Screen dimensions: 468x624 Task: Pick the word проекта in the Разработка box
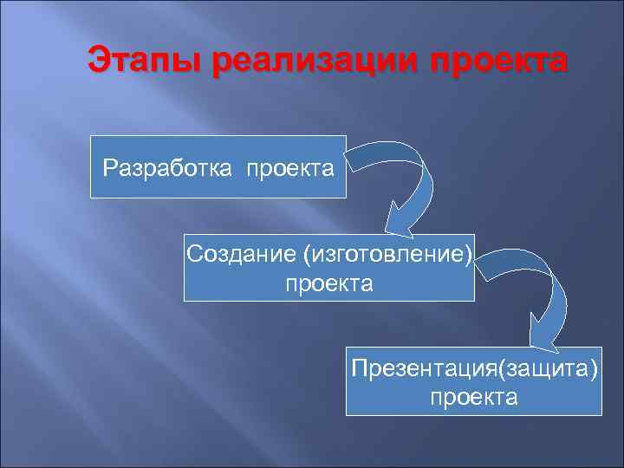[290, 166]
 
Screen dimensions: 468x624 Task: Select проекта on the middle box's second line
[329, 283]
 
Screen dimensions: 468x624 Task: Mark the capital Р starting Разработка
[108, 166]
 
